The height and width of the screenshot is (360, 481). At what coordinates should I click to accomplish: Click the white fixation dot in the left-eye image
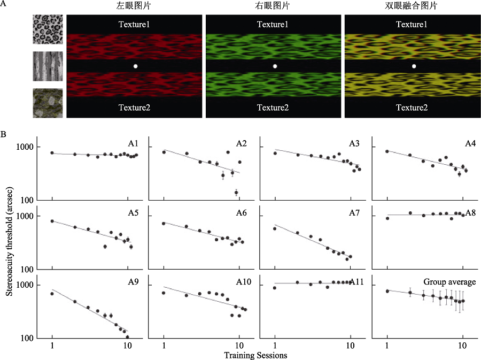click(x=135, y=66)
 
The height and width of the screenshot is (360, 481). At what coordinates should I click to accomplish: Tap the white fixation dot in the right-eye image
click(x=275, y=66)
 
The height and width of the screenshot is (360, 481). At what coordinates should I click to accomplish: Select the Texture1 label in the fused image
click(x=414, y=25)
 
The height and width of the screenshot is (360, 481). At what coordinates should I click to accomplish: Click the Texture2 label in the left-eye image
click(x=135, y=108)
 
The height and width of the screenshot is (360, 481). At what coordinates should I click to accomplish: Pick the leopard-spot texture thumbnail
click(x=48, y=29)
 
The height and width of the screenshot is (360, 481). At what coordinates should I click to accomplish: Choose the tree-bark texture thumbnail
click(x=48, y=66)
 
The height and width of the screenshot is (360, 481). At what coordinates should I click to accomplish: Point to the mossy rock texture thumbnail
click(x=48, y=103)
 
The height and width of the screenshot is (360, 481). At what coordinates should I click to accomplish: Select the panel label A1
click(x=134, y=143)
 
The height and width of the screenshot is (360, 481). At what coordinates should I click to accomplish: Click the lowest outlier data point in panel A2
click(x=236, y=193)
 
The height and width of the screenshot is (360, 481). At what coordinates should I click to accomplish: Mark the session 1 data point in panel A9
click(x=52, y=294)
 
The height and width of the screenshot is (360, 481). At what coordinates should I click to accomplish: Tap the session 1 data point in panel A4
click(x=387, y=151)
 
